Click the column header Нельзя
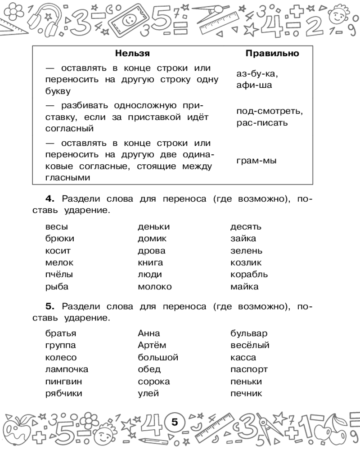(x=132, y=54)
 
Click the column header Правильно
(x=272, y=54)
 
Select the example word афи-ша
(x=254, y=85)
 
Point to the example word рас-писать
(x=261, y=122)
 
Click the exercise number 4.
(x=49, y=198)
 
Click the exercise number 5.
(x=49, y=306)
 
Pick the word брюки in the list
(x=60, y=239)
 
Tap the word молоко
(x=154, y=287)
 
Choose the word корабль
(x=249, y=274)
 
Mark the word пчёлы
(x=59, y=274)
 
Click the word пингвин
(x=63, y=382)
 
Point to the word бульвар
(x=249, y=333)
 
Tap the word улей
(x=148, y=394)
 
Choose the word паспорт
(x=249, y=369)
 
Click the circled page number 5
(x=175, y=422)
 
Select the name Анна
(x=149, y=333)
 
